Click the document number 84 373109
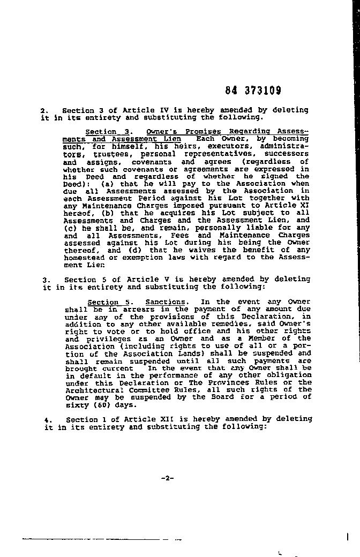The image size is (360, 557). [253, 91]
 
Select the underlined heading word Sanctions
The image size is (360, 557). [166, 302]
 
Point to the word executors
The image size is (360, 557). [233, 146]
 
